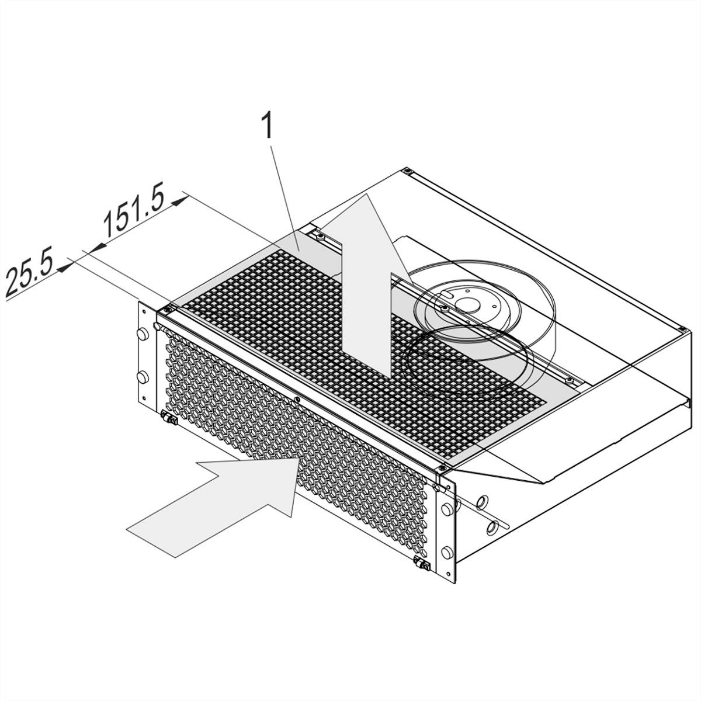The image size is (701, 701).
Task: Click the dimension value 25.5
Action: [29, 270]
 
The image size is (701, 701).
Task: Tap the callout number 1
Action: [269, 126]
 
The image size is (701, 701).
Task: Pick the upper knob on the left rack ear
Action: [142, 334]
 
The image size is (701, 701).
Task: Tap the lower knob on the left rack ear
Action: [142, 377]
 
